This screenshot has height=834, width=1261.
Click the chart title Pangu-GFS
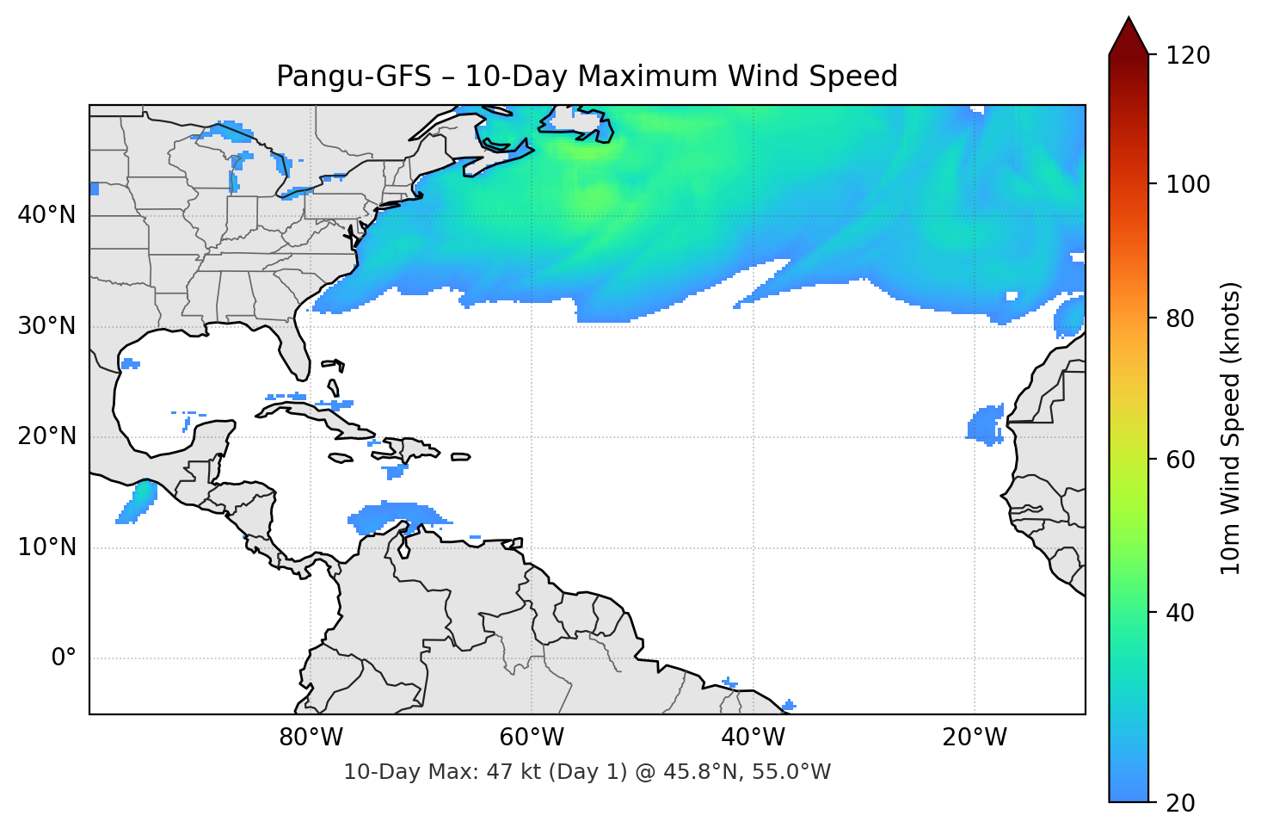pyautogui.click(x=587, y=77)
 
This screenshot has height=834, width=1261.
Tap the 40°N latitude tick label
pyautogui.click(x=46, y=215)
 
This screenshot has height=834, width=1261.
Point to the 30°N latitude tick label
pyautogui.click(x=46, y=326)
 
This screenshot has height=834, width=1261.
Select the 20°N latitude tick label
pyautogui.click(x=46, y=436)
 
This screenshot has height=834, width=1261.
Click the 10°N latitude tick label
pyautogui.click(x=46, y=547)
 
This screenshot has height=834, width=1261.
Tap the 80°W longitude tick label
pyautogui.click(x=311, y=738)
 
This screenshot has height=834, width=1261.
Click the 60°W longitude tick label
pyautogui.click(x=532, y=738)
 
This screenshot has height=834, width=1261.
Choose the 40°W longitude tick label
pyautogui.click(x=753, y=738)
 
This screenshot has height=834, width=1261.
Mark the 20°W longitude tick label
pyautogui.click(x=974, y=738)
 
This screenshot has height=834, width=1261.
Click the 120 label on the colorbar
pyautogui.click(x=1188, y=56)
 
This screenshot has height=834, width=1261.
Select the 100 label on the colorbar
pyautogui.click(x=1188, y=184)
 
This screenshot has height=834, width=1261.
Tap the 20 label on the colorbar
pyautogui.click(x=1180, y=803)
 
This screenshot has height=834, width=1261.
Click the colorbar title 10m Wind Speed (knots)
pyautogui.click(x=1231, y=428)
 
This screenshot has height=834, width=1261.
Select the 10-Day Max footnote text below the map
pyautogui.click(x=587, y=772)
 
